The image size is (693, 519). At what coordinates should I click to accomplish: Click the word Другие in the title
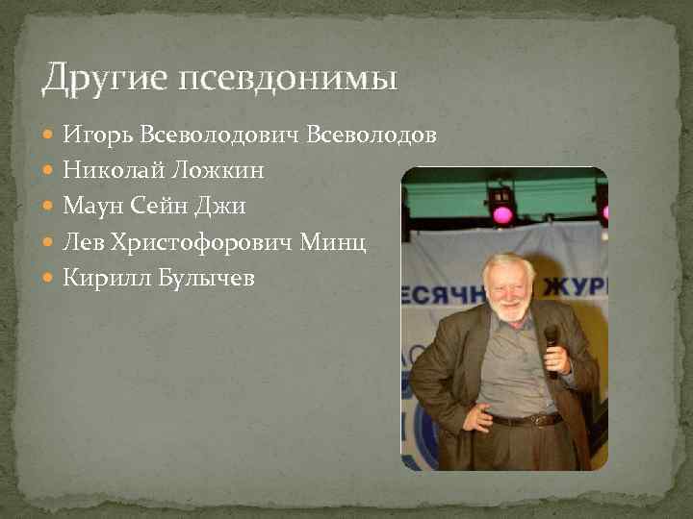[x=90, y=78]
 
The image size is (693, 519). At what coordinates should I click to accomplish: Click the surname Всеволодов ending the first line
[x=372, y=136]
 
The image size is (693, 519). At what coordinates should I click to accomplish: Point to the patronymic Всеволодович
[x=220, y=136]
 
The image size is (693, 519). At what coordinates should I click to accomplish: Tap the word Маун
[x=89, y=207]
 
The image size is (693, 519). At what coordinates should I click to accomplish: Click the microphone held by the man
[x=552, y=339]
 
